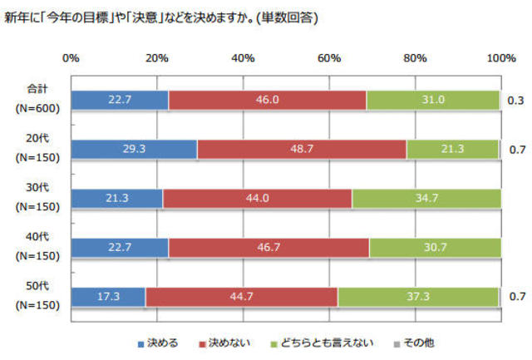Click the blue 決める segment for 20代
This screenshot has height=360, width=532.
134,149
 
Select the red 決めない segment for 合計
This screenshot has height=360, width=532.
267,100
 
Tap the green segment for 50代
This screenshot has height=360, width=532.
418,296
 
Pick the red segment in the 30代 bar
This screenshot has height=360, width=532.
257,198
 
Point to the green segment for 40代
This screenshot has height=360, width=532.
435,247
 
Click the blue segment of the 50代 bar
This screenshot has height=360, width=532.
108,296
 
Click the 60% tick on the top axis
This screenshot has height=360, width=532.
328,57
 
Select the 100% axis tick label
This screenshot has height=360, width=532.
500,57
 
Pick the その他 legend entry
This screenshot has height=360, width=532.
417,342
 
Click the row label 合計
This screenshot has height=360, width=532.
36,91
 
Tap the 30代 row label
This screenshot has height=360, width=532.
36,190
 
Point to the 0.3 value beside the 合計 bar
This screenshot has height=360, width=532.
515,101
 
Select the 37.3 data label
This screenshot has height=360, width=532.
418,296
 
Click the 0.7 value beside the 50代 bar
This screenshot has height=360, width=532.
515,296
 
